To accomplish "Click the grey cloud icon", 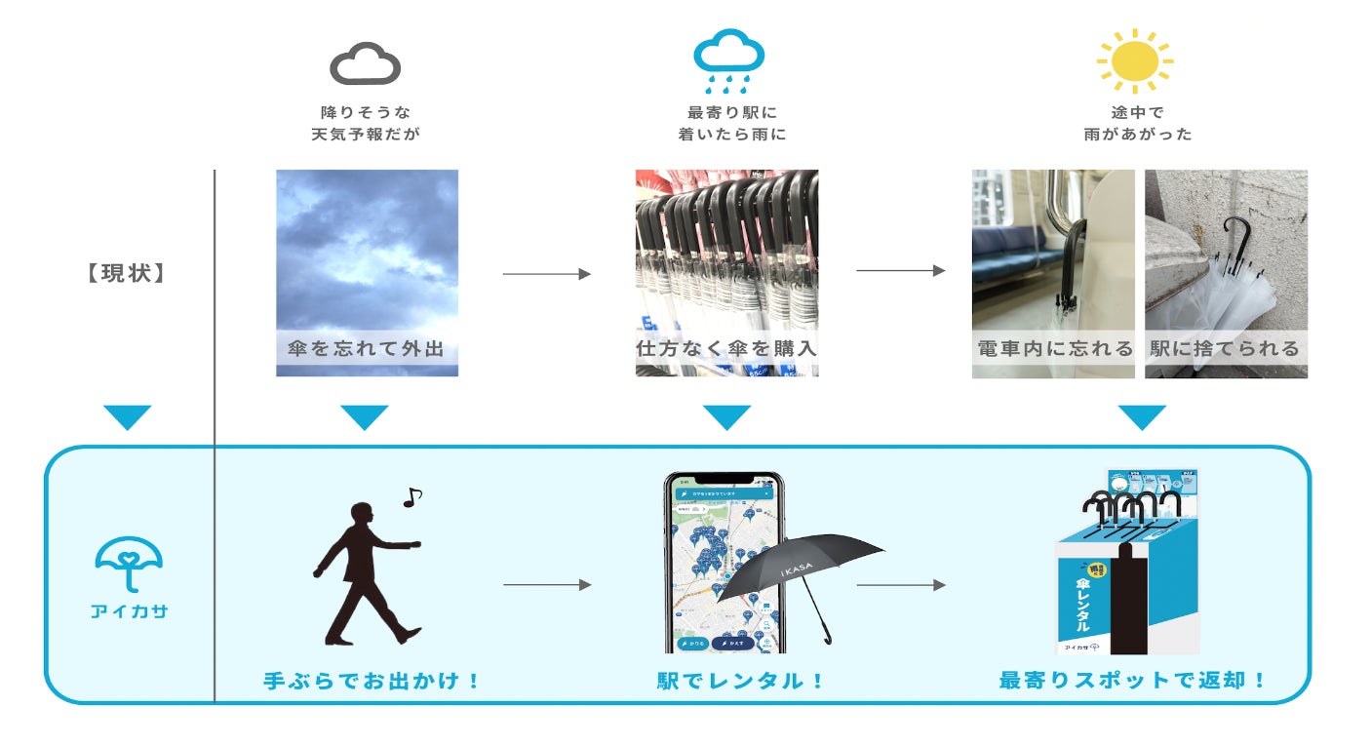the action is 366,65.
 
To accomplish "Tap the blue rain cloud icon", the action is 727,57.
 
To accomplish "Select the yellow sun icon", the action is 1134,59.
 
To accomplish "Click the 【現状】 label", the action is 124,273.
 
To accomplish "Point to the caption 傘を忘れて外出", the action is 367,348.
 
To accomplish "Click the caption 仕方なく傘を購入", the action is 726,348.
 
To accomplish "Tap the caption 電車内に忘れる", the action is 1054,348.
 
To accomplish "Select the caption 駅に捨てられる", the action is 1226,348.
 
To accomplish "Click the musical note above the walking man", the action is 412,497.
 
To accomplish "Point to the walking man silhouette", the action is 363,575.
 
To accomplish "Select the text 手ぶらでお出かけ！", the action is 372,680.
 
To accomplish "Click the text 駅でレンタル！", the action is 741,680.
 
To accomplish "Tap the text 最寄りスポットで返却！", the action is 1133,680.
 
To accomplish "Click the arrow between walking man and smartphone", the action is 547,585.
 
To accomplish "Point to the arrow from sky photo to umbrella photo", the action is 547,274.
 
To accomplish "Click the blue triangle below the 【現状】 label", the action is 127,417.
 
